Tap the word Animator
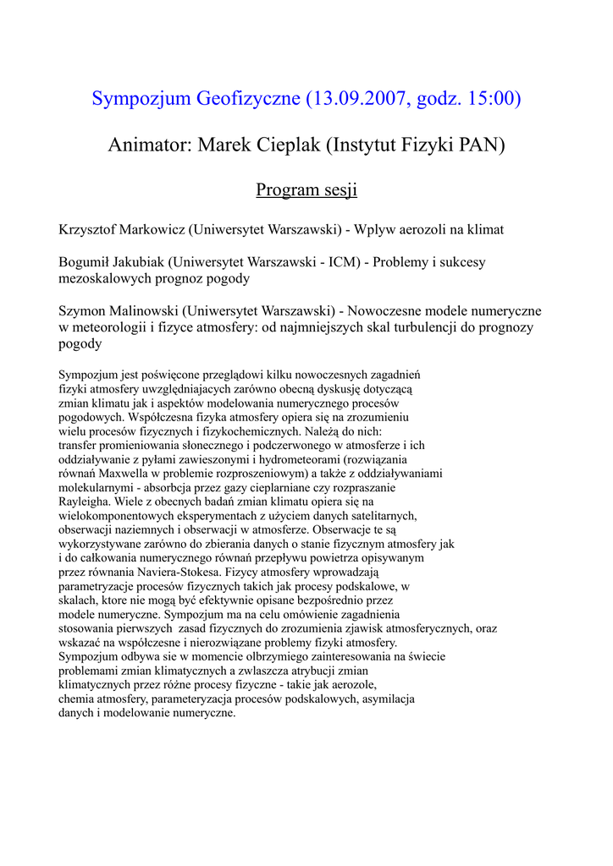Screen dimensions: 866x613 coord(148,145)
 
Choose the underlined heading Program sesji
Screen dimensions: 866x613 coord(306,189)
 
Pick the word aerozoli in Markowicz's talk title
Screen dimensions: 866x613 coord(408,229)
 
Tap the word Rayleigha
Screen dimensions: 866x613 coord(84,502)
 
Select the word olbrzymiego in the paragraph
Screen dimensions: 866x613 coord(233,656)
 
